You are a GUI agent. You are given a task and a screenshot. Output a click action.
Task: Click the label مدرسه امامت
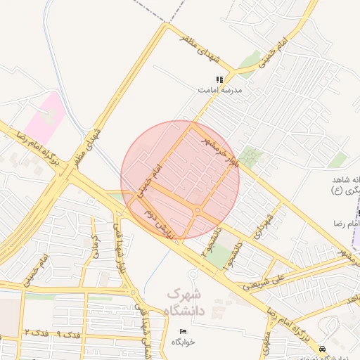pyautogui.click(x=219, y=91)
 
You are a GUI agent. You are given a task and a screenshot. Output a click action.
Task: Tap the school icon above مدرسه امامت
pyautogui.click(x=219, y=79)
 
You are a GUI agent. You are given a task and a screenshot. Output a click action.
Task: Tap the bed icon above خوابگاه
pyautogui.click(x=184, y=331)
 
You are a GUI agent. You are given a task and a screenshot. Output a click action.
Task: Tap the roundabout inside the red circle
pyautogui.click(x=198, y=210)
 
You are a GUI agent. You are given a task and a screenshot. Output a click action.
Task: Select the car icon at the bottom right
pyautogui.click(x=322, y=349)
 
